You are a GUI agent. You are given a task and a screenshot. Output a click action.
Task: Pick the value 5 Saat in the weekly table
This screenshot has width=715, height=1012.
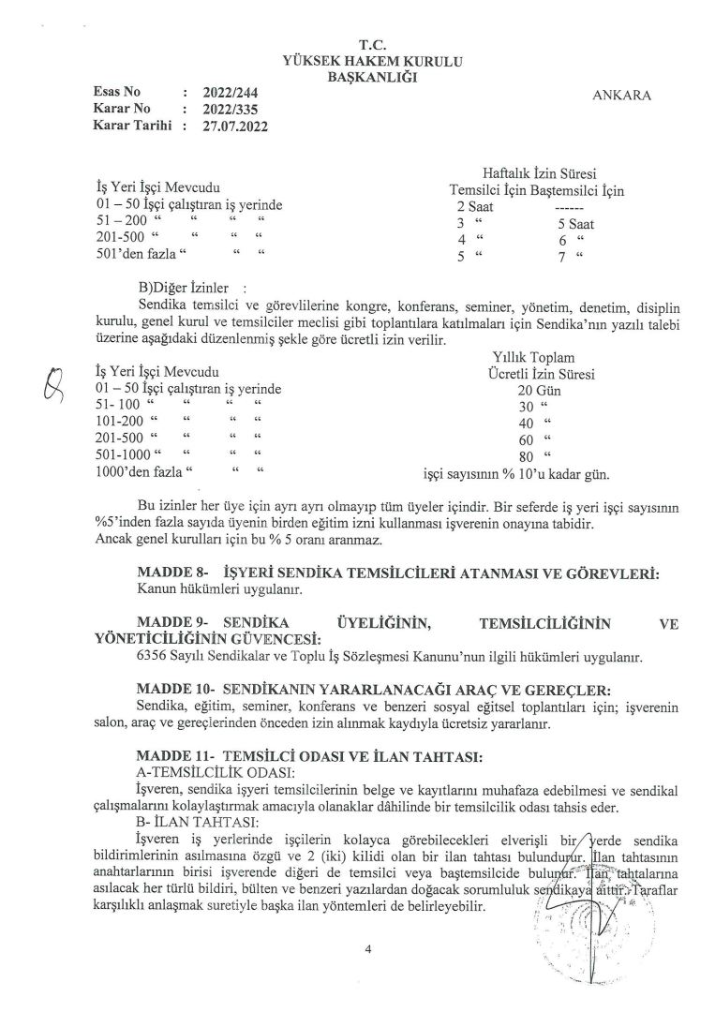point(576,224)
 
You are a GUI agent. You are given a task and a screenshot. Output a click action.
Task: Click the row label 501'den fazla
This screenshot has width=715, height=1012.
point(138,256)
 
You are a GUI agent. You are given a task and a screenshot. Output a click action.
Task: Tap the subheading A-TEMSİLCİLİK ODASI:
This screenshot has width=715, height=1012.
point(215,770)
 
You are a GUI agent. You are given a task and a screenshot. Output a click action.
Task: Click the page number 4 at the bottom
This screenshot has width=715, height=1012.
point(369,950)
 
